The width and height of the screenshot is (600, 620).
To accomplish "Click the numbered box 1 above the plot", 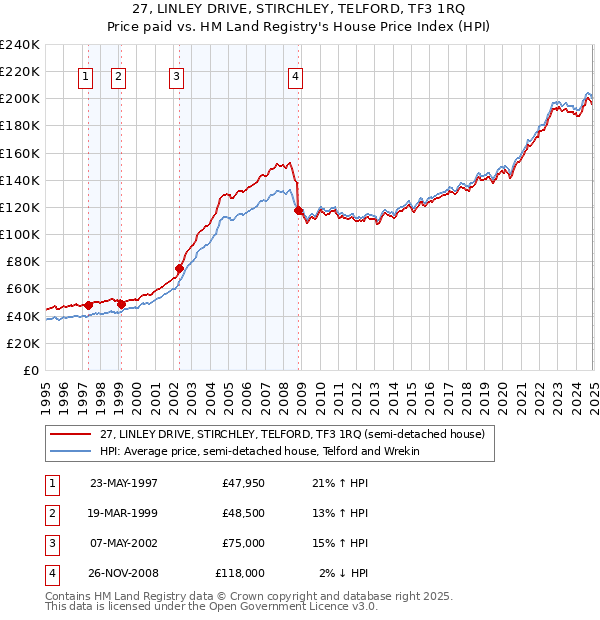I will [x=85, y=77].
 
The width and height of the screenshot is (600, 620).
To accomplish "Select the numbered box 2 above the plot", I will [x=118, y=77].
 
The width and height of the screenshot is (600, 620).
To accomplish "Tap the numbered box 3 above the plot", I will [x=176, y=77].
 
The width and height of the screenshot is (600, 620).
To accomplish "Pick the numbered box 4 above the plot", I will [x=297, y=77].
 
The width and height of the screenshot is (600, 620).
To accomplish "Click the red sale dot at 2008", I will [x=298, y=210].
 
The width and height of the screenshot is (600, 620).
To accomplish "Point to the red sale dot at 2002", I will [x=180, y=268].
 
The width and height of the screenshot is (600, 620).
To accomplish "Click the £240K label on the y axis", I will [x=19, y=45].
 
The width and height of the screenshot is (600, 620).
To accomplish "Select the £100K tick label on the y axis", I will [x=19, y=234].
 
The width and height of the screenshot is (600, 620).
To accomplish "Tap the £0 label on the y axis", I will [x=30, y=370].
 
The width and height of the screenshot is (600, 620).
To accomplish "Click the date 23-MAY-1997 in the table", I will [x=124, y=483].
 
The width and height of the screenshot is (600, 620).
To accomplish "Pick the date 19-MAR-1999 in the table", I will [x=124, y=513].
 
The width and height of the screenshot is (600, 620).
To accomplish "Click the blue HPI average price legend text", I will [x=259, y=451].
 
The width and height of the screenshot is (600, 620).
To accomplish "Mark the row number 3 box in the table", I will [x=50, y=543].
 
